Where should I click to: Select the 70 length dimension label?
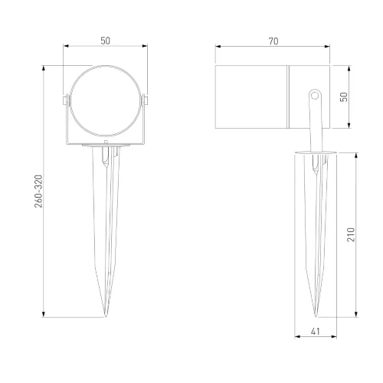pos(273,41)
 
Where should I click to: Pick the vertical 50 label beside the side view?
pos(344,97)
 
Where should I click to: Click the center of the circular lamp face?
pos(105,106)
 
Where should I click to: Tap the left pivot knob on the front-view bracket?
pos(64,100)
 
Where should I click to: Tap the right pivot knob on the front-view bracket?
pos(146,100)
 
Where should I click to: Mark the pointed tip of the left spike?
pos(105,316)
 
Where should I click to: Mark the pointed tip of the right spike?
pos(316,316)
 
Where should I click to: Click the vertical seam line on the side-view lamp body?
pos(289,97)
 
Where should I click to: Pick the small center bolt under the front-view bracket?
pos(105,143)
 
